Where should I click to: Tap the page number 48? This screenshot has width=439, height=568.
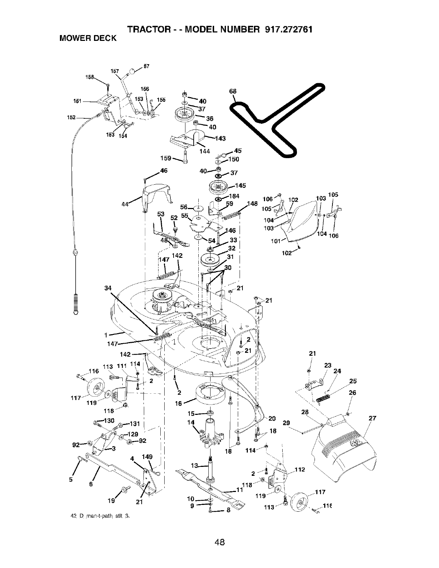(219, 531)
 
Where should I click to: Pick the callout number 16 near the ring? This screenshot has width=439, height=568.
(178, 403)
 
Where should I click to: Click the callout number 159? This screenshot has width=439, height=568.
(167, 158)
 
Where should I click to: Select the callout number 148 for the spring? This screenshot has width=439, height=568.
(252, 204)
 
